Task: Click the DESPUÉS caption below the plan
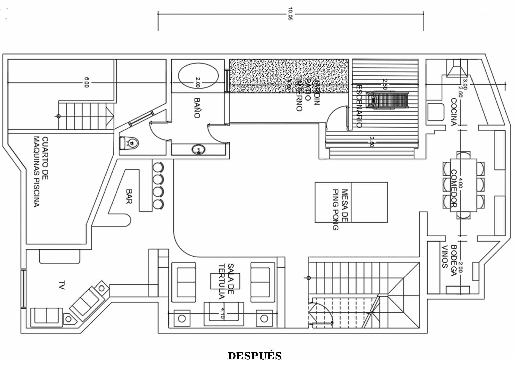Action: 254,356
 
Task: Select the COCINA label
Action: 453,112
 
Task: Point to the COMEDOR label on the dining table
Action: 453,188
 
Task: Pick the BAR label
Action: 129,196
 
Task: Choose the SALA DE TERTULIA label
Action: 225,281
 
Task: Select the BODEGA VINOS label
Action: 449,260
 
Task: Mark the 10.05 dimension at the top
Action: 290,14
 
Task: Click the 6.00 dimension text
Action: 86,82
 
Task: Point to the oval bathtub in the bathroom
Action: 198,75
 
